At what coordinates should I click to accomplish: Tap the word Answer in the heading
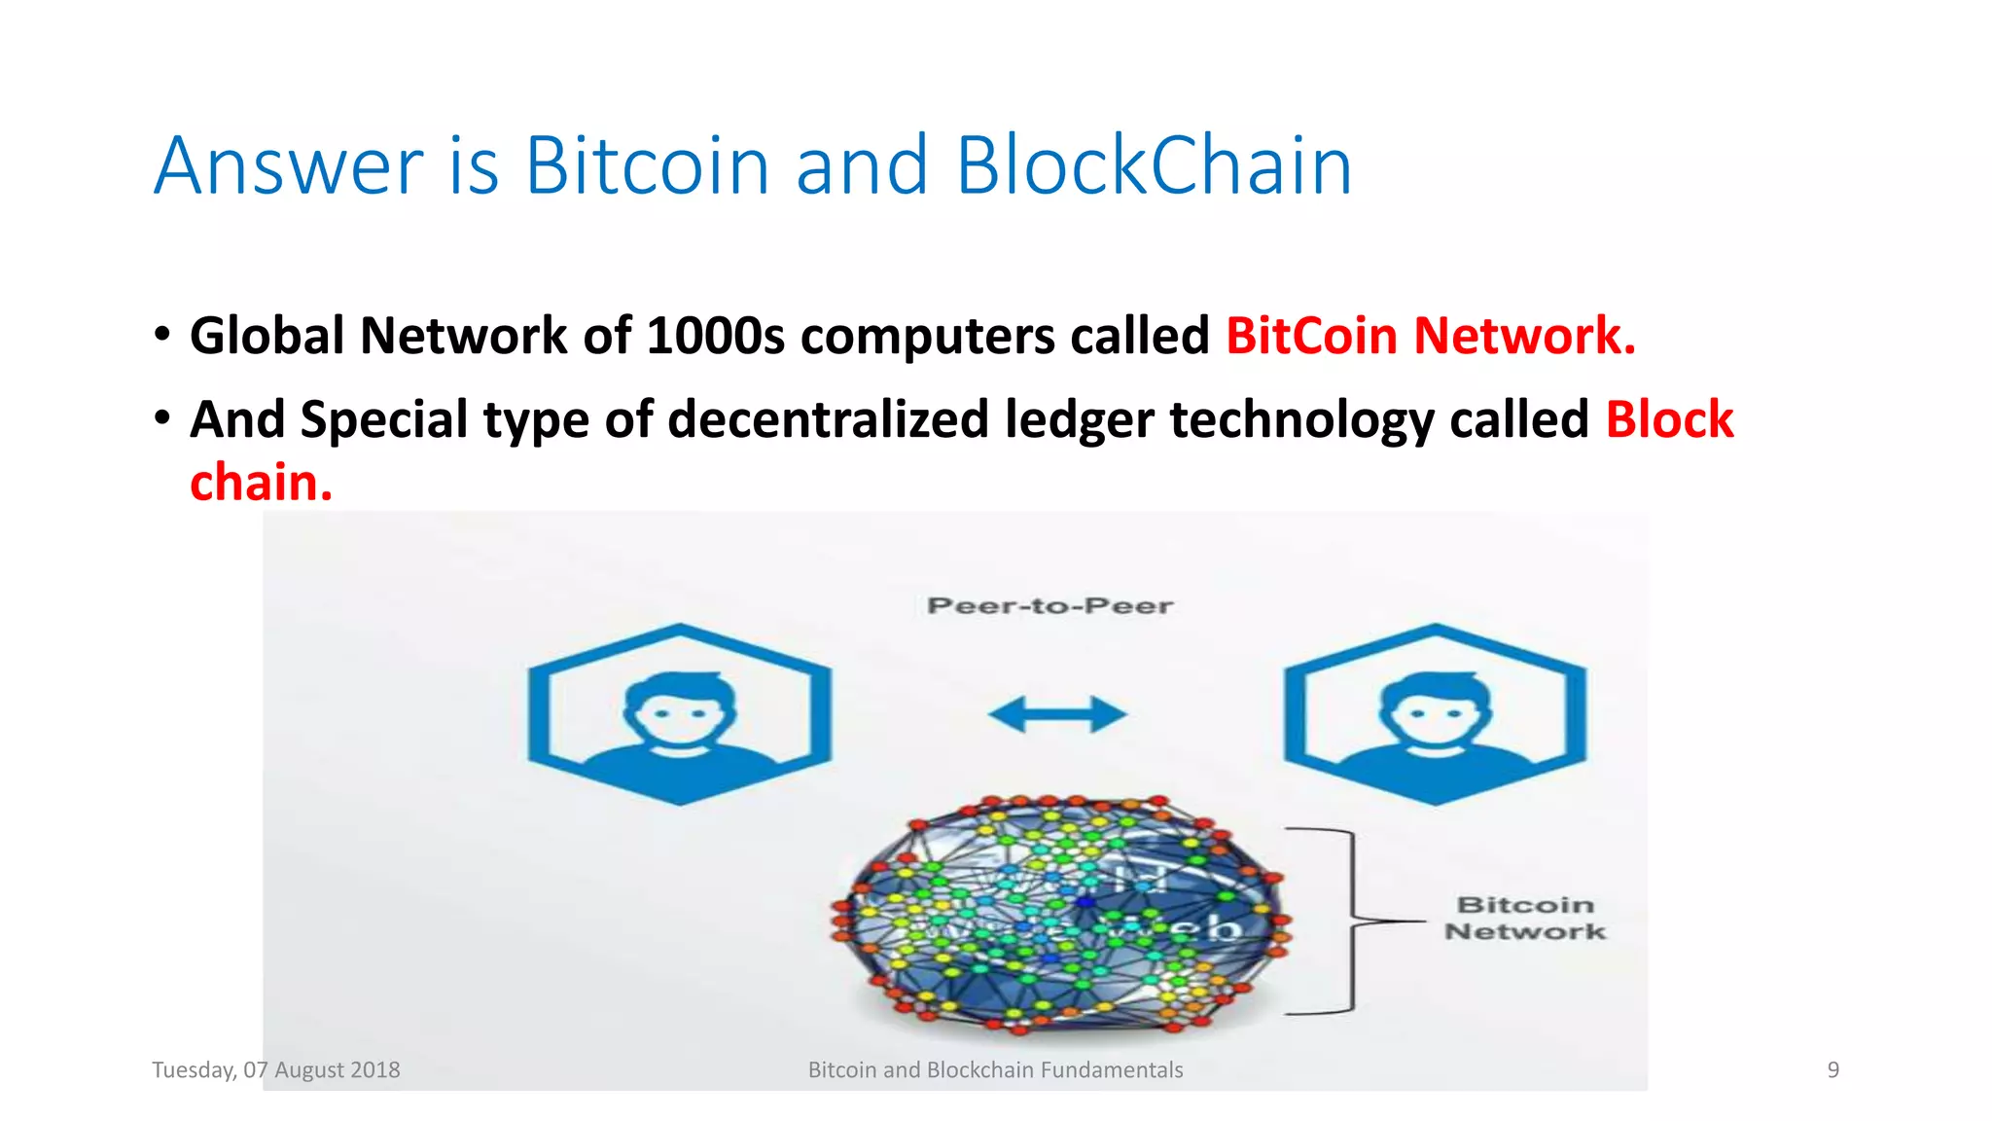[288, 167]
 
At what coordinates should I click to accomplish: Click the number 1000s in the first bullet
[715, 336]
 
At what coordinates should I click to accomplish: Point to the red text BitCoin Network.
[1430, 336]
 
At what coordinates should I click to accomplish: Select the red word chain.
[261, 483]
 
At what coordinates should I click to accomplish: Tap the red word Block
[1669, 419]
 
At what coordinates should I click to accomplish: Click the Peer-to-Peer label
[1050, 606]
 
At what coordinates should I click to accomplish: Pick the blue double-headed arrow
[1057, 714]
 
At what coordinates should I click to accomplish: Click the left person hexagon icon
[679, 714]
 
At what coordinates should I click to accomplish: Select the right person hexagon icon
[1435, 714]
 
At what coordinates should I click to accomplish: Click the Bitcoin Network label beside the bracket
[1525, 918]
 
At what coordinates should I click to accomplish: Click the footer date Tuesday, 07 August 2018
[276, 1070]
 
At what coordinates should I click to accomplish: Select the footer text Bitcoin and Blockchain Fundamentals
[995, 1070]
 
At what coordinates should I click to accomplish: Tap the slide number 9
[1832, 1070]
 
